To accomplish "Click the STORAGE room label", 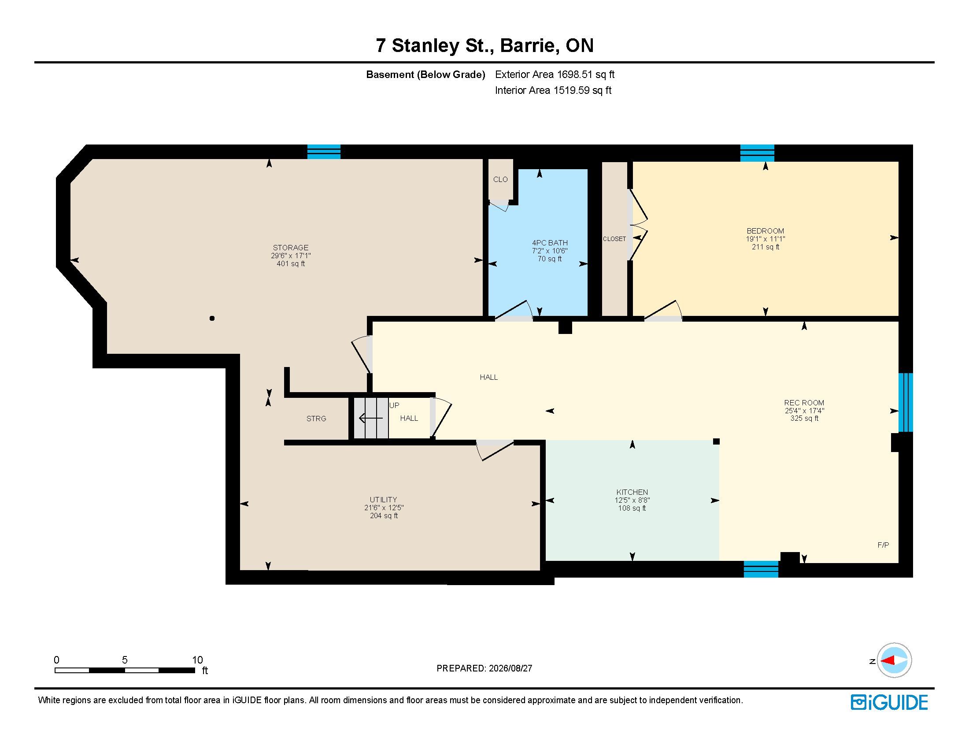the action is coord(291,248).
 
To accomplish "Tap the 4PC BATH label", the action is coord(550,243).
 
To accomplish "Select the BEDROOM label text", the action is coord(766,231).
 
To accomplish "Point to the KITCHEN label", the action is coord(632,492).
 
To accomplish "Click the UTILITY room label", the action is coord(383,500).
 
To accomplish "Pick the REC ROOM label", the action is coord(804,403).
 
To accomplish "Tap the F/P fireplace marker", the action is coord(883,545).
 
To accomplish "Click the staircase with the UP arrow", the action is coord(371,418).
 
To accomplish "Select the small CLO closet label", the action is coord(500,179).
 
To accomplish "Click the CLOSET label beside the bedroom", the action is coord(614,239).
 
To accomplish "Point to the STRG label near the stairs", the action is coord(316,419).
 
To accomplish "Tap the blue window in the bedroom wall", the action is coord(757,153).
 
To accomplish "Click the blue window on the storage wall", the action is coord(324,151).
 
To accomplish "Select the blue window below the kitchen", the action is coord(761,569).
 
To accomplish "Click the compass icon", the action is coord(894,660).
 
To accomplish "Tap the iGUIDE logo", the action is coord(889,702).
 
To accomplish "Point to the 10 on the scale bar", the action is coord(197,660).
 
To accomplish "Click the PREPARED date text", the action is coord(484,668).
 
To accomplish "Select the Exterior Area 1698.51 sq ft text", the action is coord(555,74).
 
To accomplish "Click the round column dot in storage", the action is coord(212,318).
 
